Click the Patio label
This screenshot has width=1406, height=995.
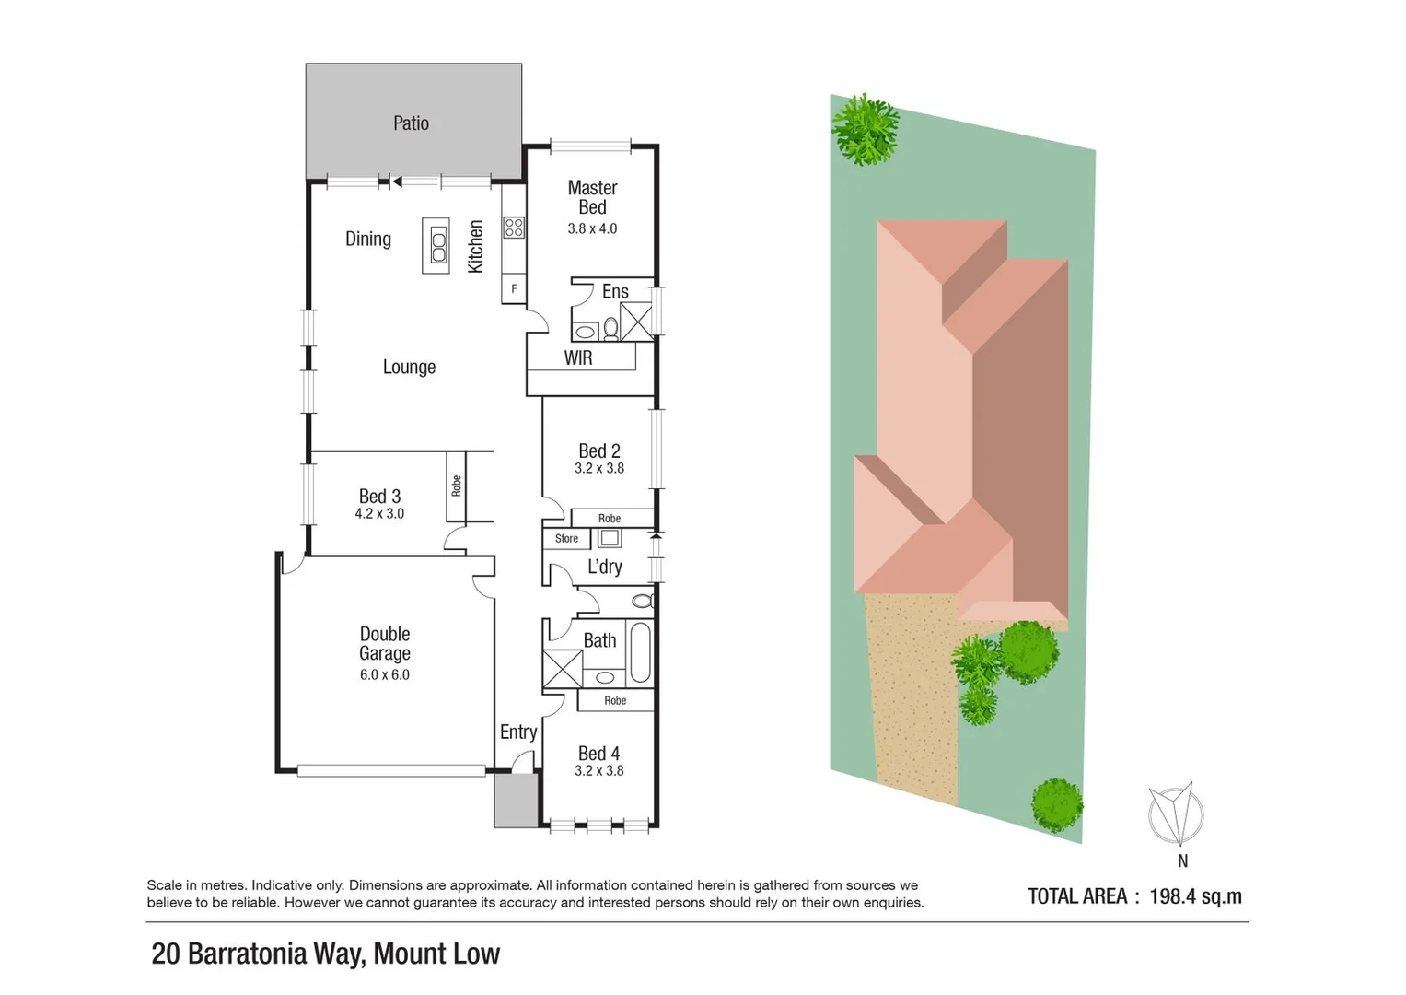coord(411,123)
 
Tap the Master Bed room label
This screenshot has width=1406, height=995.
coord(592,198)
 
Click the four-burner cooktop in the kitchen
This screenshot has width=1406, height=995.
coord(514,227)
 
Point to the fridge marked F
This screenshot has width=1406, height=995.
coord(514,289)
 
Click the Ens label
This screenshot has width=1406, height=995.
coord(615,292)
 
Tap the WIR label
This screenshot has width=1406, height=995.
coord(578,358)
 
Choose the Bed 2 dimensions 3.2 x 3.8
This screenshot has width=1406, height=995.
coord(599,469)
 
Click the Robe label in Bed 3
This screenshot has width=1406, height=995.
coord(456,486)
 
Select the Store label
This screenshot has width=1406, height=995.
coord(566,539)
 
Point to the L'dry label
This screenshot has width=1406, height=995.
coord(605,567)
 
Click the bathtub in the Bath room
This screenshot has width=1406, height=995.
coord(639,652)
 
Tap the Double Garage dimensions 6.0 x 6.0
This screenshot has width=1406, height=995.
coord(385,675)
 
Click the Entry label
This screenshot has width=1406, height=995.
coord(518,732)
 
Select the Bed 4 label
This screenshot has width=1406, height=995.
coord(598,754)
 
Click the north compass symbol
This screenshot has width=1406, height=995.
coord(1176,814)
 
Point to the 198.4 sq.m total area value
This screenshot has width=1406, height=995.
coord(1195,896)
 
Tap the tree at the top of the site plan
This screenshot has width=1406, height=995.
coord(866,129)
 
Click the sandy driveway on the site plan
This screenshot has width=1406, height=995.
coord(913,700)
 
